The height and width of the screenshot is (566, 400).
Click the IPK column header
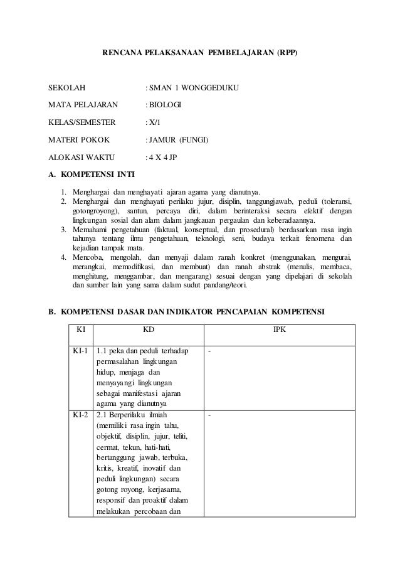(x=280, y=329)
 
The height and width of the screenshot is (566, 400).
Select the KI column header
(x=80, y=329)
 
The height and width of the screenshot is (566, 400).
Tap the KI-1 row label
(x=80, y=350)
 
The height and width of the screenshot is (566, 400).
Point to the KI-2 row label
(x=80, y=415)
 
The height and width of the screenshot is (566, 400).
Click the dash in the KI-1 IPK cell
(x=209, y=351)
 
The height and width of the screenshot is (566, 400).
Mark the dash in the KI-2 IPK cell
(x=209, y=415)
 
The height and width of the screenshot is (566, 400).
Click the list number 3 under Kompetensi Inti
(x=63, y=230)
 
